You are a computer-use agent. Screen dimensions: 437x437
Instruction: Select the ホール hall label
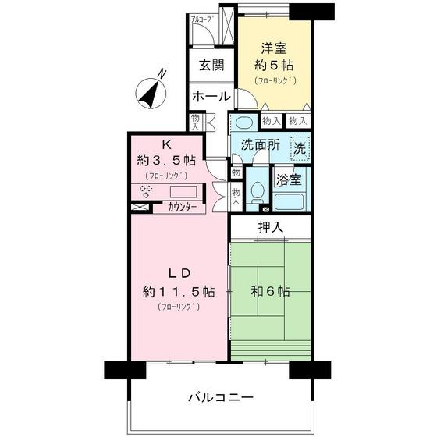click(x=211, y=97)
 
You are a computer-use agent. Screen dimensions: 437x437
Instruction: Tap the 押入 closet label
click(x=270, y=227)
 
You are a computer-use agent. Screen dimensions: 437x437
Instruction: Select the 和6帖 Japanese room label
click(x=270, y=291)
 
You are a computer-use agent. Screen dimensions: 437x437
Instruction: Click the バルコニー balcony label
click(x=220, y=397)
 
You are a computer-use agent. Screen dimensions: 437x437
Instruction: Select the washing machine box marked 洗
click(x=300, y=146)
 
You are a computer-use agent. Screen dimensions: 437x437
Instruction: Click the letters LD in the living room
click(x=179, y=274)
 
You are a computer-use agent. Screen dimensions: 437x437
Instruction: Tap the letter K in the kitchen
click(x=165, y=144)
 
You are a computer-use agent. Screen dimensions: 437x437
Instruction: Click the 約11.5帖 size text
click(x=179, y=292)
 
